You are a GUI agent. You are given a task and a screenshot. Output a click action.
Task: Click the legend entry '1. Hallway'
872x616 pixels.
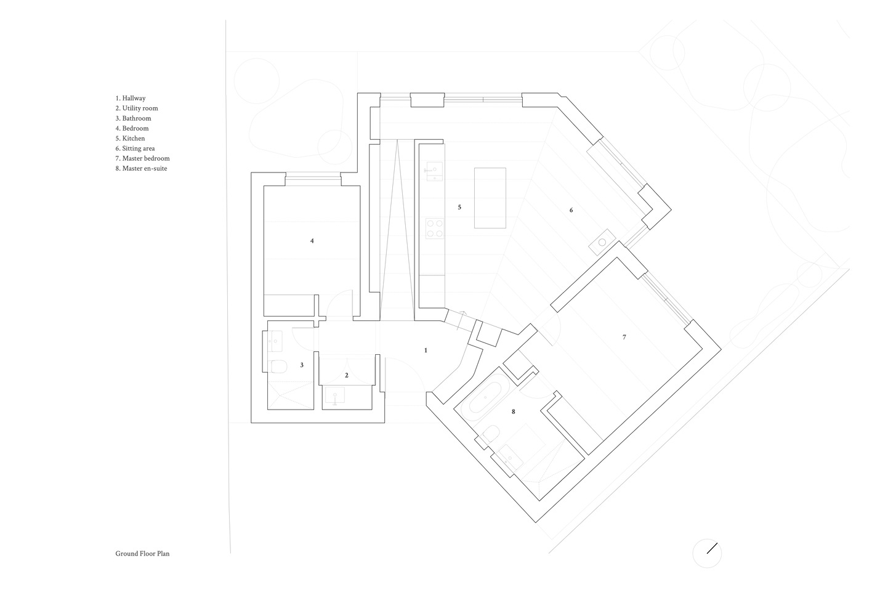(131, 98)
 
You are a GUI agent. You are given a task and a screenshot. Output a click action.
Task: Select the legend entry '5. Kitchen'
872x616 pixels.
(131, 138)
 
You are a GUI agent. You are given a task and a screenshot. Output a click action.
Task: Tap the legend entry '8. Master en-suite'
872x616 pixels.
(141, 168)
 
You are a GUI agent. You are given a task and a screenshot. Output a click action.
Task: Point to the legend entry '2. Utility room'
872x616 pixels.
(137, 108)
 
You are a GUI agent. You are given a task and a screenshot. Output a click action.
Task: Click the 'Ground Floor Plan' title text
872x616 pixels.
(142, 554)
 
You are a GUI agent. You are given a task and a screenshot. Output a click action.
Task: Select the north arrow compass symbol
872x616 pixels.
(707, 553)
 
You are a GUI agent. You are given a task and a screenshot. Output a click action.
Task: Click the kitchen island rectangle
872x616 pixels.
(490, 198)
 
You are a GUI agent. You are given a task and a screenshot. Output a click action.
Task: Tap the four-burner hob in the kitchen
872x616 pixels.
(434, 229)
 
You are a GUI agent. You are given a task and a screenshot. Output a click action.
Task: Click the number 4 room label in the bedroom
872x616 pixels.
(312, 241)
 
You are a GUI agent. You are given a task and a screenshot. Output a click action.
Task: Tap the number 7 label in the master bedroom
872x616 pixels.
(624, 337)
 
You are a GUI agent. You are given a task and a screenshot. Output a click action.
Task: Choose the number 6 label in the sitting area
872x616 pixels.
(571, 210)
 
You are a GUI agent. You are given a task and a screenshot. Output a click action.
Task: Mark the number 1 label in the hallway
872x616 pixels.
(426, 350)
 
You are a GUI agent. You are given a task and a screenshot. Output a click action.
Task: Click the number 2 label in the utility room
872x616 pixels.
(347, 375)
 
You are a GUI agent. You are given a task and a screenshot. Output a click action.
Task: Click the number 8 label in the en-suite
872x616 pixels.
(513, 411)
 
